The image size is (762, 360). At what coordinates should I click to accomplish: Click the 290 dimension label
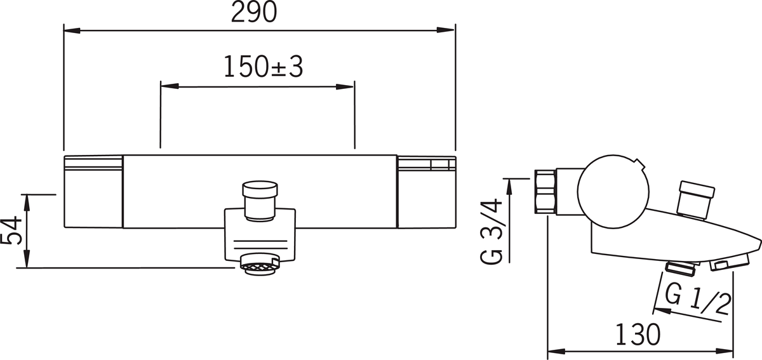click(x=254, y=12)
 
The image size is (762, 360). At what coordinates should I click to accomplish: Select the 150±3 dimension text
click(x=263, y=67)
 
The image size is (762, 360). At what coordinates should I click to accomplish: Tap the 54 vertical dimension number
click(x=11, y=230)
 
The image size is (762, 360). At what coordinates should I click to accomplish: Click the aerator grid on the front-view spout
click(x=259, y=269)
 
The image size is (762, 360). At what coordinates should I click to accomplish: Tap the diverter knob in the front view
click(x=260, y=201)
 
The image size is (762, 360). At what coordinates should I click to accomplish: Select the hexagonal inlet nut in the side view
click(x=545, y=192)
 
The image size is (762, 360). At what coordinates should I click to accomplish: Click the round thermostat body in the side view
click(x=613, y=192)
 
